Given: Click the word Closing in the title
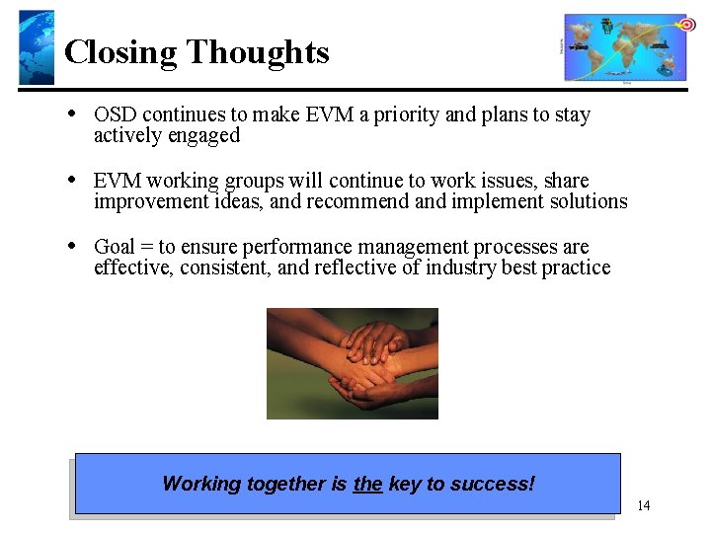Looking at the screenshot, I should (x=120, y=51).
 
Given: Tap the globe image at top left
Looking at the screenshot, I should (x=37, y=47).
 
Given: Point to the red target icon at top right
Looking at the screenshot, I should (x=686, y=24).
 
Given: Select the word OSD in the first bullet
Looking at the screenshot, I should (x=115, y=114).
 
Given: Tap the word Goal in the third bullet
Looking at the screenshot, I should (x=114, y=246).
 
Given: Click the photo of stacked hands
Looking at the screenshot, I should (x=352, y=363).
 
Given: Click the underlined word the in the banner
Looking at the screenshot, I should (x=367, y=484).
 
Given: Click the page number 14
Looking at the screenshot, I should (x=643, y=506).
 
